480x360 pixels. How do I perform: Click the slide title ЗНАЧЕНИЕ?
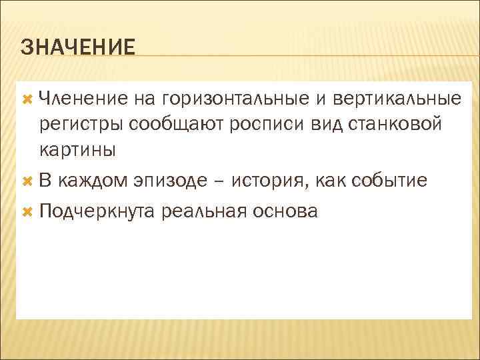pos(77,47)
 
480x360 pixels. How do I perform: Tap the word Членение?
pos(83,99)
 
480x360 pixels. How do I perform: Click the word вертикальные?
pos(396,99)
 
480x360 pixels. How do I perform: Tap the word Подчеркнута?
pos(97,212)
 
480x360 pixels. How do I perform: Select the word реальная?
pos(206,212)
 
